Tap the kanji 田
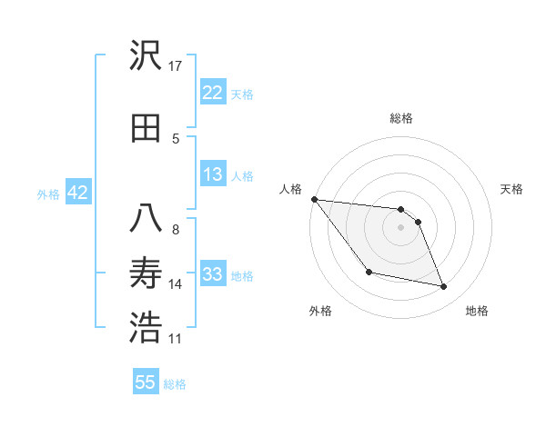pyautogui.click(x=146, y=128)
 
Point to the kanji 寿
pyautogui.click(x=146, y=273)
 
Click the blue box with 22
pyautogui.click(x=212, y=93)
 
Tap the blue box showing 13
pyautogui.click(x=212, y=175)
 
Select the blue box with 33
pyautogui.click(x=212, y=275)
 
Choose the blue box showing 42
pyautogui.click(x=76, y=193)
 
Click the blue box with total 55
pyautogui.click(x=146, y=382)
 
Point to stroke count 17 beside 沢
pyautogui.click(x=176, y=65)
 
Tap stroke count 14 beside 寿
pyautogui.click(x=176, y=284)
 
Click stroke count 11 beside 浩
pyautogui.click(x=176, y=339)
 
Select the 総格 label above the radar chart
pyautogui.click(x=401, y=119)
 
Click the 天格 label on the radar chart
pyautogui.click(x=511, y=189)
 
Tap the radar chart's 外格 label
pyautogui.click(x=320, y=311)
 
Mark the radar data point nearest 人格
pyautogui.click(x=314, y=199)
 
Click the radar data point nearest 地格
pyautogui.click(x=444, y=287)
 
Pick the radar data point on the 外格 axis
pyautogui.click(x=369, y=272)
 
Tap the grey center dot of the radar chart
pyautogui.click(x=401, y=227)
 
